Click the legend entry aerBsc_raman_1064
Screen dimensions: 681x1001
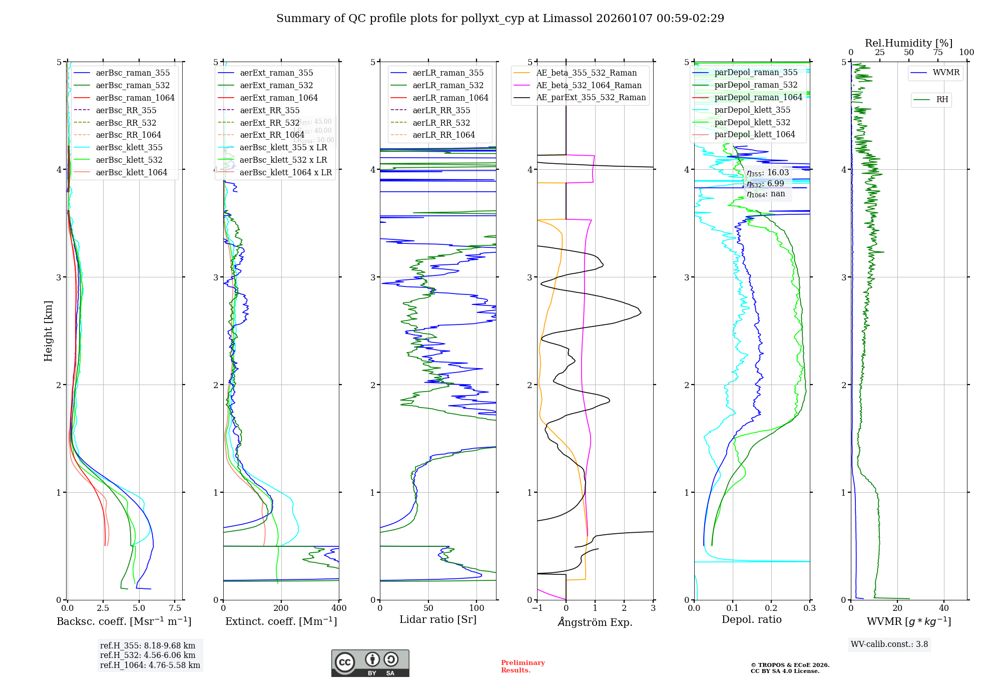135,98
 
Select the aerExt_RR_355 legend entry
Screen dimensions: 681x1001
269,110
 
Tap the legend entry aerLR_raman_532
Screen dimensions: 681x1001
448,85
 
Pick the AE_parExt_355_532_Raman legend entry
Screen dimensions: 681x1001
591,97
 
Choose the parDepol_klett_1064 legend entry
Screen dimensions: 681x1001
755,134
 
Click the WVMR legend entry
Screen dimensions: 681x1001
946,73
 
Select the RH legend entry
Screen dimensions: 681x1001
942,100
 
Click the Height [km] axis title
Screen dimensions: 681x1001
48,331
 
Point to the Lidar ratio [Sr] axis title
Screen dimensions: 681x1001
438,619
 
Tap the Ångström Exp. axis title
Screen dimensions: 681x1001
595,622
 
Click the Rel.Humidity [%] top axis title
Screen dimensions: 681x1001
908,43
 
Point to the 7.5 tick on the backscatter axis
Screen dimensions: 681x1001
175,608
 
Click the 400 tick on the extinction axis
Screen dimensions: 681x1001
339,608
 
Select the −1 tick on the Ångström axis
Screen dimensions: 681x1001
537,608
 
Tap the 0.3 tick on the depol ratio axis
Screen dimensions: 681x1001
809,608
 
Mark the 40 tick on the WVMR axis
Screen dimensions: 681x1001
944,608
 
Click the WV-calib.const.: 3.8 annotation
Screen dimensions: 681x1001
889,644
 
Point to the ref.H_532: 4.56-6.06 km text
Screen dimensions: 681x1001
148,655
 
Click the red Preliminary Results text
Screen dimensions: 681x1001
523,666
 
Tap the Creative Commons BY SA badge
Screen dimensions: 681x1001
370,663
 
